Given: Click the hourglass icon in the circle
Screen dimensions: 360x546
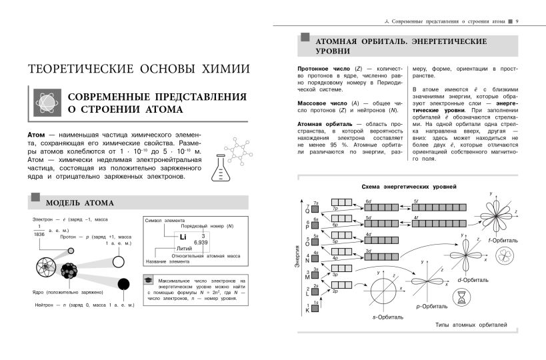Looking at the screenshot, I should pyautogui.click(x=463, y=301).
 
